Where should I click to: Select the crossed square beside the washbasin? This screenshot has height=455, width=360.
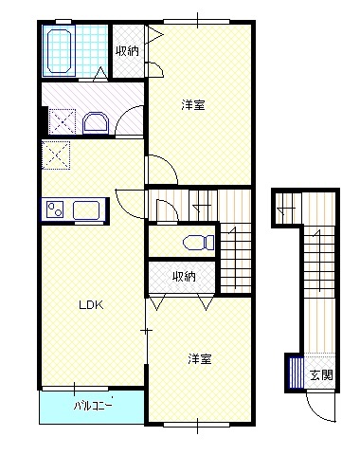coord(64,121)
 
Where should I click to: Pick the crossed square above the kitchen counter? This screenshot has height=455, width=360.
coord(56,155)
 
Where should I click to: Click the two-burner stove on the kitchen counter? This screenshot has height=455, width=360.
coord(51,209)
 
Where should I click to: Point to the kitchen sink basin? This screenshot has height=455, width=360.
coord(86,209)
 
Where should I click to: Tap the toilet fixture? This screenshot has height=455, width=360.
coord(195,241)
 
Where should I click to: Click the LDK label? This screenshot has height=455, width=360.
coord(90,305)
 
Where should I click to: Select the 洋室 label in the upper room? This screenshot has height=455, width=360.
coord(193,105)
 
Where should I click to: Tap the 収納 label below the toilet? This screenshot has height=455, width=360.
coord(184,277)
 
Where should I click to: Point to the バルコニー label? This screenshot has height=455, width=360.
coord(94,407)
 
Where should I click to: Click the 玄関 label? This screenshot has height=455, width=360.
coord(322,374)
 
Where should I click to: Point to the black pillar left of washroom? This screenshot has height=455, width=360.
coord(43,120)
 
